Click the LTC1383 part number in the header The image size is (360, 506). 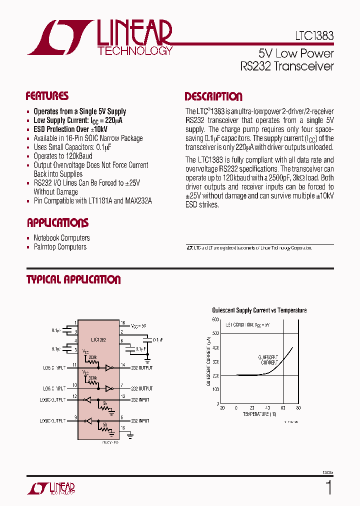(313, 36)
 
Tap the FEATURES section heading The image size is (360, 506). (47, 96)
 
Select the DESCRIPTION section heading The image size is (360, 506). (213, 97)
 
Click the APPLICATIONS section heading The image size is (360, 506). (57, 223)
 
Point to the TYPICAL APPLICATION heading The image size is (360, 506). (73, 280)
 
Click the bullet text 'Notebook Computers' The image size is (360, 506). (61, 238)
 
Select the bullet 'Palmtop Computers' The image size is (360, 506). (60, 247)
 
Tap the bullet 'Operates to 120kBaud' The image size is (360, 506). (63, 156)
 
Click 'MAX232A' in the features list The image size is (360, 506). (137, 201)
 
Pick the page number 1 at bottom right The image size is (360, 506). (328, 487)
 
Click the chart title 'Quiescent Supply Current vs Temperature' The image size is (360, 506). (259, 310)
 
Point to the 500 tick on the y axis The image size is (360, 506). (215, 333)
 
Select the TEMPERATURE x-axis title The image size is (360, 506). (259, 414)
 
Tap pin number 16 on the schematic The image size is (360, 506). (122, 323)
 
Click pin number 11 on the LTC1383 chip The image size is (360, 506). (74, 365)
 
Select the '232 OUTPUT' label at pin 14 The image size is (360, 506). (141, 368)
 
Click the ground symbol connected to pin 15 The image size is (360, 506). (129, 436)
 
